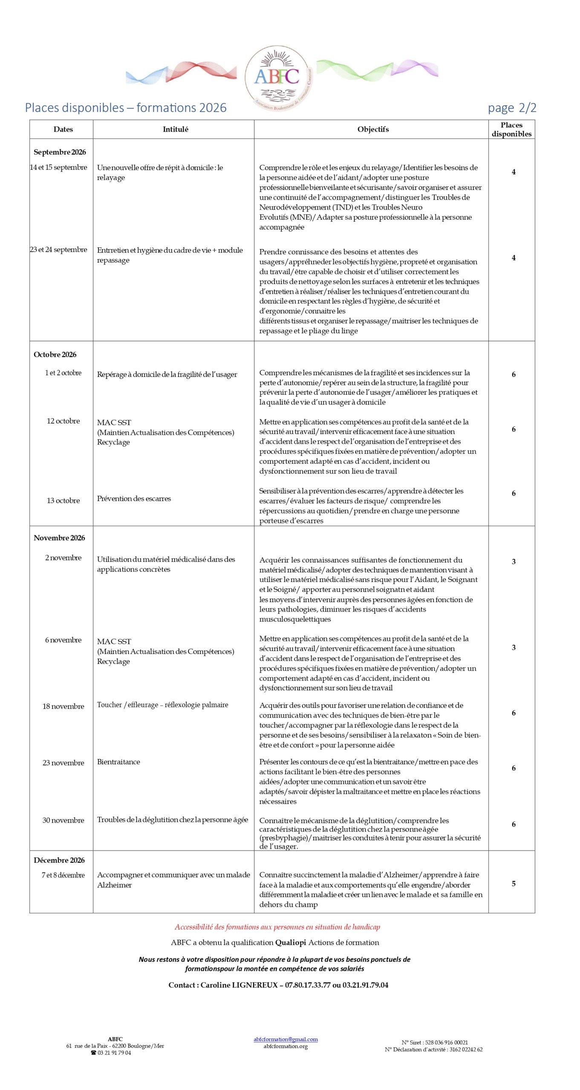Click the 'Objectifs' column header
click(373, 129)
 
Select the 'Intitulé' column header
click(175, 129)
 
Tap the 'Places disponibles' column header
click(511, 129)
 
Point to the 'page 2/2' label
click(512, 108)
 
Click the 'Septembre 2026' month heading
click(60, 152)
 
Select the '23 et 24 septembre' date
click(58, 250)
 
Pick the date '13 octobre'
click(63, 500)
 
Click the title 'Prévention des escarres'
click(134, 499)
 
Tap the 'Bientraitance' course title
click(118, 762)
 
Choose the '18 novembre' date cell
click(63, 706)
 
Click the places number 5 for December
click(514, 883)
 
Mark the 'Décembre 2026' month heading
click(59, 860)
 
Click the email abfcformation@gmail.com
click(286, 1039)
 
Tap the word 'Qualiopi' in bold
click(291, 942)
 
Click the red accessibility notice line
click(277, 927)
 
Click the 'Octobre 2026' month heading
click(55, 354)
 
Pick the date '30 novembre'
click(63, 820)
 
